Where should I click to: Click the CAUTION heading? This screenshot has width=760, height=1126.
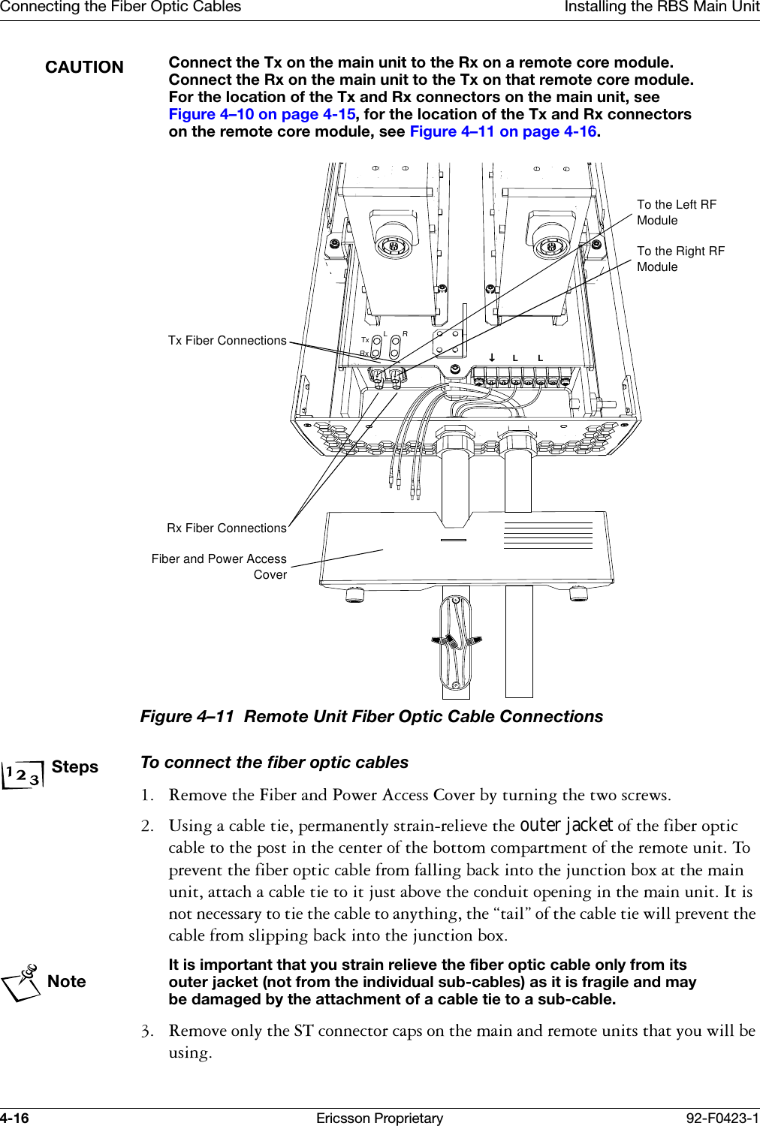(84, 68)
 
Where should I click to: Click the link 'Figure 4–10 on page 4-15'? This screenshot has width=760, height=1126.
(261, 114)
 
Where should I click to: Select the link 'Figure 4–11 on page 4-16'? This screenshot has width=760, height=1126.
(502, 131)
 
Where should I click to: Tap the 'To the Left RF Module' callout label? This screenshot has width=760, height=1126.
(676, 212)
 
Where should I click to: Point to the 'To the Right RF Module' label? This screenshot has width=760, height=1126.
(680, 259)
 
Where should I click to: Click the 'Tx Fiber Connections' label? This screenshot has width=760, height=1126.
(227, 341)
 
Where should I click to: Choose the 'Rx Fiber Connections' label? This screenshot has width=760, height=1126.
(226, 528)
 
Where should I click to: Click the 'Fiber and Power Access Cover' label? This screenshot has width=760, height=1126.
(219, 567)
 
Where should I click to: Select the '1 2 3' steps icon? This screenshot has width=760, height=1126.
(23, 774)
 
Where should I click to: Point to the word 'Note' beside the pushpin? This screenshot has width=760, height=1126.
(66, 982)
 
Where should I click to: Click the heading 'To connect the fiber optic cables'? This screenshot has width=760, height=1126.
(274, 763)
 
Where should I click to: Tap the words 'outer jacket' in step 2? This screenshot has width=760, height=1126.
(566, 826)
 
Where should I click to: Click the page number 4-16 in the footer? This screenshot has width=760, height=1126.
(14, 1118)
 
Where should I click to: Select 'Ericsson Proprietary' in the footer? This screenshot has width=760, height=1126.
(379, 1118)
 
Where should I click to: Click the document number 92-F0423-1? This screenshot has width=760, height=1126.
(722, 1118)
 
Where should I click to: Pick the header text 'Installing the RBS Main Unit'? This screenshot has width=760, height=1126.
(662, 8)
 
